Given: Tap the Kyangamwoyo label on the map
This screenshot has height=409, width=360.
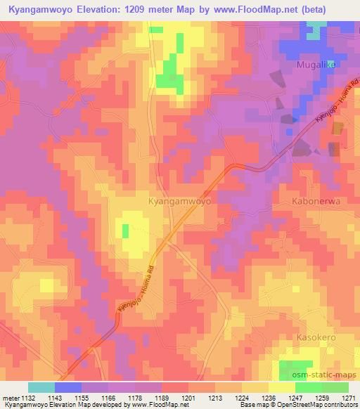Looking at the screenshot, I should (x=180, y=200).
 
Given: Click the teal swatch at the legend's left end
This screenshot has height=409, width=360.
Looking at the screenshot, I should (x=41, y=387).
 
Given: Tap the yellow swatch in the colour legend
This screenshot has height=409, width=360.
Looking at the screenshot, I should (x=282, y=387).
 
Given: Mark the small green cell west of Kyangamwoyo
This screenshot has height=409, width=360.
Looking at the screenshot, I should (x=126, y=231).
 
